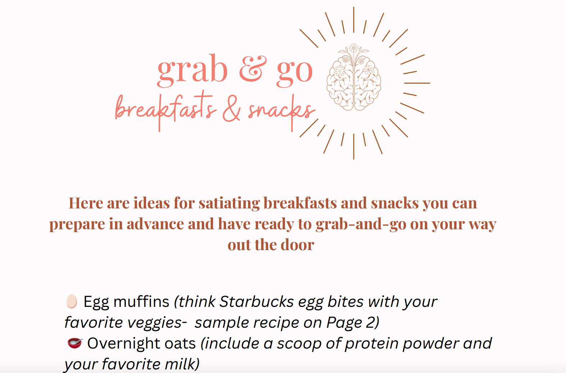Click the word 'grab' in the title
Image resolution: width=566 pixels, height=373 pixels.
pyautogui.click(x=192, y=70)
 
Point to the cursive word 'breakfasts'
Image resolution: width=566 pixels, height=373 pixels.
pyautogui.click(x=165, y=111)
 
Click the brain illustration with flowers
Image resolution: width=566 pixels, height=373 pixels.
pyautogui.click(x=354, y=77)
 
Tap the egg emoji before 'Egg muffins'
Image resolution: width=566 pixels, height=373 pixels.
pyautogui.click(x=71, y=301)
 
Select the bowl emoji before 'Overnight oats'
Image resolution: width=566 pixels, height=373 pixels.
pyautogui.click(x=75, y=343)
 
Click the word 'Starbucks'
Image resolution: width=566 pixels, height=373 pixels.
pyautogui.click(x=256, y=301)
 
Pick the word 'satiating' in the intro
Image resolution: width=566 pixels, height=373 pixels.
pyautogui.click(x=229, y=203)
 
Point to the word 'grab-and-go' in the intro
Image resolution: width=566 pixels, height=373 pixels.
pyautogui.click(x=361, y=224)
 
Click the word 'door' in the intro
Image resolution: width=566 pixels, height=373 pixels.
pyautogui.click(x=297, y=245)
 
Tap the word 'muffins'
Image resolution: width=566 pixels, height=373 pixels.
pyautogui.click(x=141, y=301)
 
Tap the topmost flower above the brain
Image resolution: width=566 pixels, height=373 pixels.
pyautogui.click(x=354, y=48)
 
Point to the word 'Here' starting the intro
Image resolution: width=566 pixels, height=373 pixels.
pyautogui.click(x=86, y=203)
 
